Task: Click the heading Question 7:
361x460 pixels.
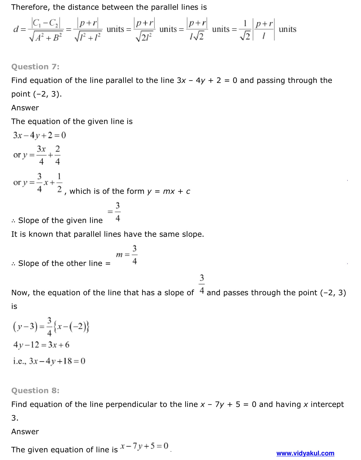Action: [35, 67]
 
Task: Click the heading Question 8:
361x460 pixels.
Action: [35, 391]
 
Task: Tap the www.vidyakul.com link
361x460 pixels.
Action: [305, 453]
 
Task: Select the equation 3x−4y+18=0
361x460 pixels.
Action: [57, 361]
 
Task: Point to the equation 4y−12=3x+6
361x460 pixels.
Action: [41, 345]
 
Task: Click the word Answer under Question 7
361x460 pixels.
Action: [25, 108]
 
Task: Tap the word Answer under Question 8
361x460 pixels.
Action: [25, 432]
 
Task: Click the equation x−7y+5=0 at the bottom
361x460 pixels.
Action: [144, 446]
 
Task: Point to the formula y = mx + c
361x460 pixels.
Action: [169, 192]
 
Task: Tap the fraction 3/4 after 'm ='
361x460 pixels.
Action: [134, 255]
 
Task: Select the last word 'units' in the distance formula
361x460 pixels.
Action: [287, 29]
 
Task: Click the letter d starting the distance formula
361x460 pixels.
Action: [16, 29]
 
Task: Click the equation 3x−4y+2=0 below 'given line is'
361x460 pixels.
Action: [39, 135]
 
